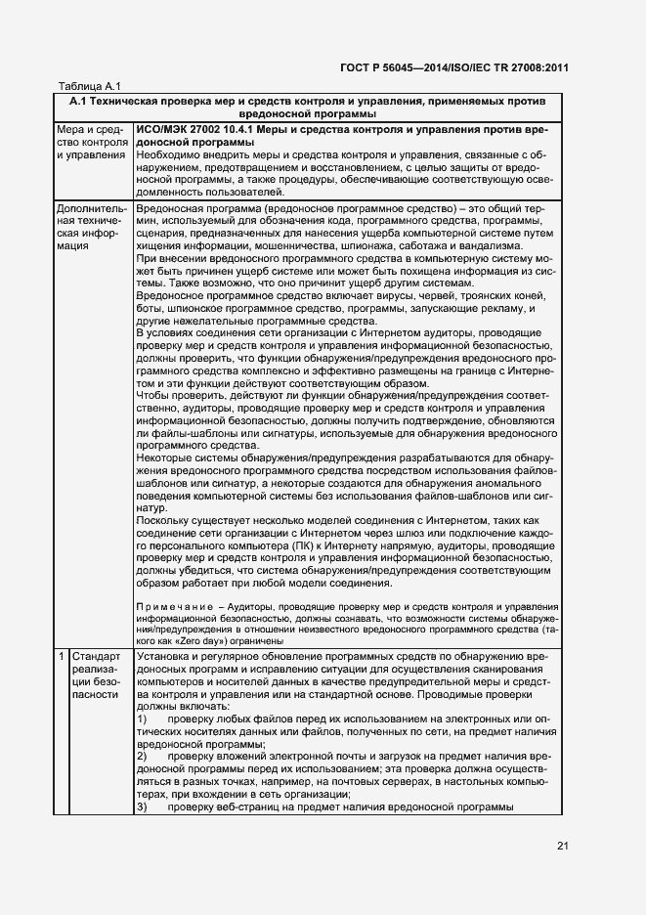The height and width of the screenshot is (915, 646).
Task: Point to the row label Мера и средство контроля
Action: click(92, 143)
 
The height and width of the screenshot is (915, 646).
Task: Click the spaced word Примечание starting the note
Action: click(175, 607)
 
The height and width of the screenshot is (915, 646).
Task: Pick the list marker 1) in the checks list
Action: click(143, 719)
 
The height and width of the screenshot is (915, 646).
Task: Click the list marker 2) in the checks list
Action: click(143, 757)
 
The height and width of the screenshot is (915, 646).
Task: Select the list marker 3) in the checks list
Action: click(143, 807)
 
